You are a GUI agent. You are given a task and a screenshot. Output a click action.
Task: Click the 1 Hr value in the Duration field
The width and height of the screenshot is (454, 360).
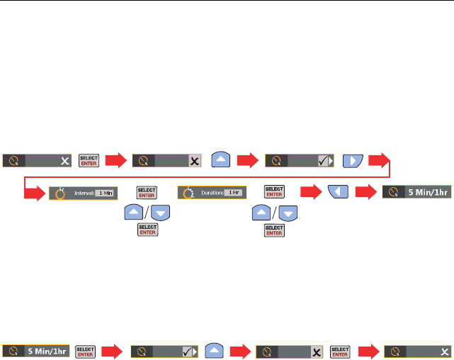[232, 193]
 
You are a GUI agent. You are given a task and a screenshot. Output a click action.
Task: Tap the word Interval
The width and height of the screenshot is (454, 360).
[83, 193]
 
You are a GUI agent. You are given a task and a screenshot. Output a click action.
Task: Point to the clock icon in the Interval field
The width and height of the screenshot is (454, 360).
[59, 193]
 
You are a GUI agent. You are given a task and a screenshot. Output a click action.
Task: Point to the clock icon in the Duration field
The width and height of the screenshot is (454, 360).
[188, 193]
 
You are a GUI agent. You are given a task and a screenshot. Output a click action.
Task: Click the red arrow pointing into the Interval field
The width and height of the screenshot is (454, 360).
[36, 193]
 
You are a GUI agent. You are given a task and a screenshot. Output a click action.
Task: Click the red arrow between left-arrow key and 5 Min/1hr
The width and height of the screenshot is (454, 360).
[365, 193]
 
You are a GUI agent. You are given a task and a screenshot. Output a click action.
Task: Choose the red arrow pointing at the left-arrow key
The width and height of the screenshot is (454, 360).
[311, 193]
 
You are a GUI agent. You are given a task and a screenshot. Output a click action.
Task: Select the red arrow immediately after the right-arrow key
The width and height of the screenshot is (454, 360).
[380, 160]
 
